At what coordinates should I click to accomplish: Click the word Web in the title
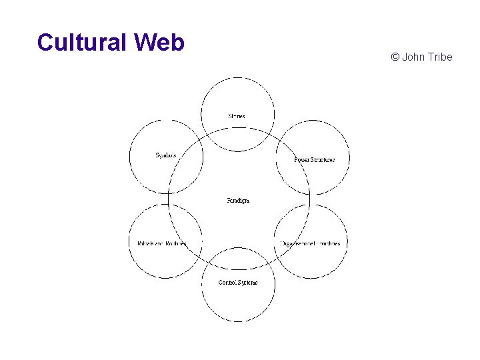pyautogui.click(x=159, y=43)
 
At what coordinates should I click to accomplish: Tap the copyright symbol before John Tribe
pyautogui.click(x=395, y=57)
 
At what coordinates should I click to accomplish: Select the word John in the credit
pyautogui.click(x=413, y=57)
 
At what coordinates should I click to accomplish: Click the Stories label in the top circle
pyautogui.click(x=237, y=116)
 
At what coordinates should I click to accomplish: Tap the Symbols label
pyautogui.click(x=166, y=155)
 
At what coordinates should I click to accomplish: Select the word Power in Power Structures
pyautogui.click(x=302, y=160)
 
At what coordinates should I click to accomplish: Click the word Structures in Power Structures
pyautogui.click(x=323, y=160)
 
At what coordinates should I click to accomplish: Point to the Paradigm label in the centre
pyautogui.click(x=237, y=200)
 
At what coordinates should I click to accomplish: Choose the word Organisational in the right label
pyautogui.click(x=293, y=243)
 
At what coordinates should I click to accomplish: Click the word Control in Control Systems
pyautogui.click(x=227, y=282)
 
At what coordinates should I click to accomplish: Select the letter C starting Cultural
pyautogui.click(x=45, y=43)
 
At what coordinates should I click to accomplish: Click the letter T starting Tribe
pyautogui.click(x=430, y=57)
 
